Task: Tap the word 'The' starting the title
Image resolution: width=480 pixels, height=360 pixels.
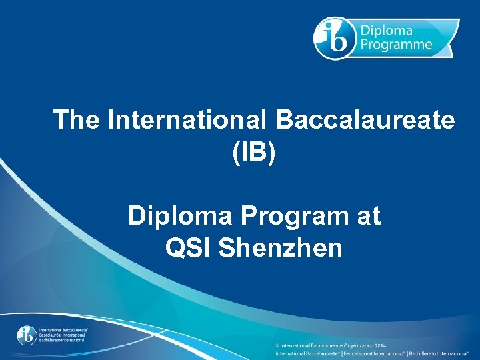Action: click(x=76, y=121)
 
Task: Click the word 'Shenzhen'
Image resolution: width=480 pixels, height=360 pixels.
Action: click(x=281, y=248)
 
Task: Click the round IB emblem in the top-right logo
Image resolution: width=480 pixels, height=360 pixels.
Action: click(x=334, y=37)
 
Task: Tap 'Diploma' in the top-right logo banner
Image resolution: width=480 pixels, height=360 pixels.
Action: click(x=387, y=31)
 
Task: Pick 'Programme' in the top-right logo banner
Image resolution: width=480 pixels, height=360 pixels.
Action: click(x=397, y=45)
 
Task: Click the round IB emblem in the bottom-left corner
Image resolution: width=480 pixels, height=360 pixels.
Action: click(x=27, y=334)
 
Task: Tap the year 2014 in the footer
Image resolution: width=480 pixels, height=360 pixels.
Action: click(x=380, y=345)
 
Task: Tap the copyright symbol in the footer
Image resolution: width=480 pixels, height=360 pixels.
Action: click(x=278, y=345)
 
